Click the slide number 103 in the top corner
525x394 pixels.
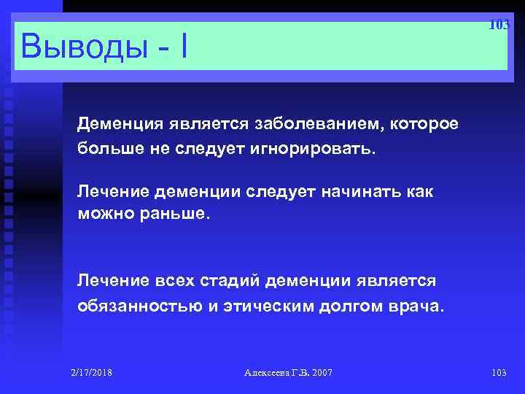tap(499, 25)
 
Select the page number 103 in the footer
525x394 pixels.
tap(499, 373)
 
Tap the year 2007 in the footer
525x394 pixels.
tap(321, 373)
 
